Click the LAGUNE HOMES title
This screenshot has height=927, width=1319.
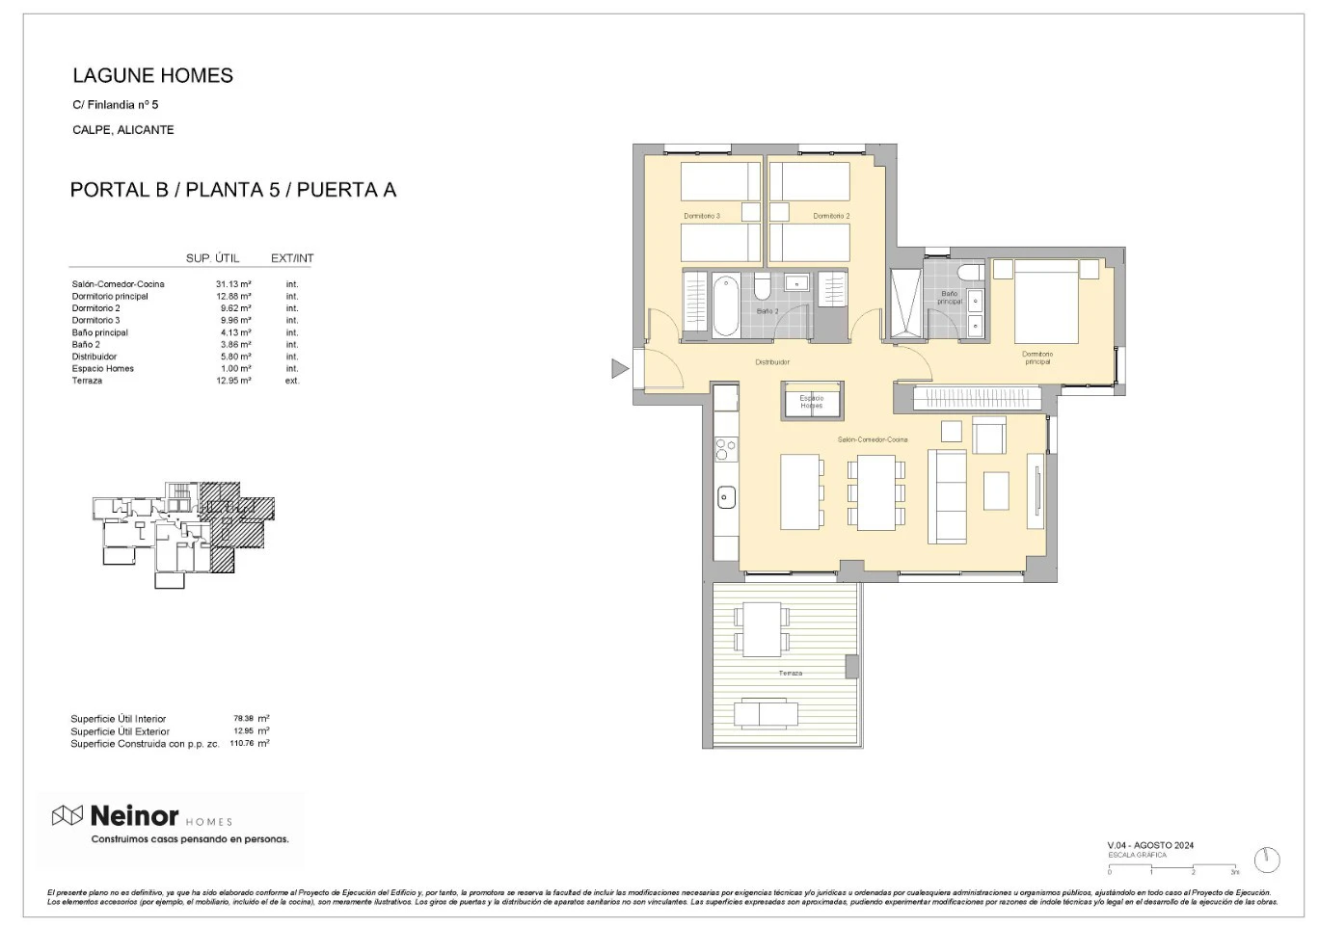pyautogui.click(x=152, y=76)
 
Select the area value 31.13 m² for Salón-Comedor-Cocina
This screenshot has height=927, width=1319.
pyautogui.click(x=233, y=284)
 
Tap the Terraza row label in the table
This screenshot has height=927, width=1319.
pyautogui.click(x=87, y=381)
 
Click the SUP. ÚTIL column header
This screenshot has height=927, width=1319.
pyautogui.click(x=212, y=258)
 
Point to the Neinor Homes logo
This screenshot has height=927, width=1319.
pyautogui.click(x=143, y=817)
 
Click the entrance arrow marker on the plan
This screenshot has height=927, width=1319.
pyautogui.click(x=620, y=368)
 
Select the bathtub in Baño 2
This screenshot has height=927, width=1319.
pyautogui.click(x=726, y=305)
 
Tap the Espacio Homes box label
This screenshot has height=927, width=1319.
pyautogui.click(x=811, y=402)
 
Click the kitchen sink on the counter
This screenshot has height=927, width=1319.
pyautogui.click(x=726, y=497)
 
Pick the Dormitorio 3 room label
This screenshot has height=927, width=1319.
pyautogui.click(x=702, y=216)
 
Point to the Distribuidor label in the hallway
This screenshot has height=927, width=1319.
pyautogui.click(x=772, y=362)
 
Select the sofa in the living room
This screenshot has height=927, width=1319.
pyautogui.click(x=947, y=495)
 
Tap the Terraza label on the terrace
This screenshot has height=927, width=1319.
pyautogui.click(x=790, y=673)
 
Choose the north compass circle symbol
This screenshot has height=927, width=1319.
pyautogui.click(x=1266, y=860)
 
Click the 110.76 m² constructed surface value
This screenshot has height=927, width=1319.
pyautogui.click(x=251, y=744)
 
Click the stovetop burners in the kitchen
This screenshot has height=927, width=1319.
pyautogui.click(x=725, y=448)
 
